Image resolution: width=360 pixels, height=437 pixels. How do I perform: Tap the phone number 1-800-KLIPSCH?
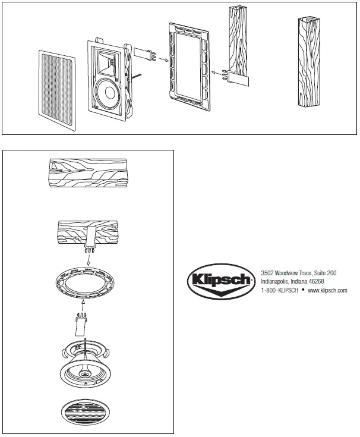280,291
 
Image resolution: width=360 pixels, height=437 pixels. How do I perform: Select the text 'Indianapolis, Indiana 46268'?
293,282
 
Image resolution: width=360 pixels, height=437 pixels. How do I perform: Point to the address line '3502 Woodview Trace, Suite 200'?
299,273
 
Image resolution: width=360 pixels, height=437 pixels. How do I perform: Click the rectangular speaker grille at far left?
58,90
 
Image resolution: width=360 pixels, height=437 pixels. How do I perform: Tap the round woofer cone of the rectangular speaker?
108,92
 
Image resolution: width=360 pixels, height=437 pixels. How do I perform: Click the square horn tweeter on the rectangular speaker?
109,61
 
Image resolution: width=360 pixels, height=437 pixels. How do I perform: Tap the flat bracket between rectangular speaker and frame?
142,55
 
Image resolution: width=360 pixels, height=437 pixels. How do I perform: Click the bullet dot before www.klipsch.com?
302,290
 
